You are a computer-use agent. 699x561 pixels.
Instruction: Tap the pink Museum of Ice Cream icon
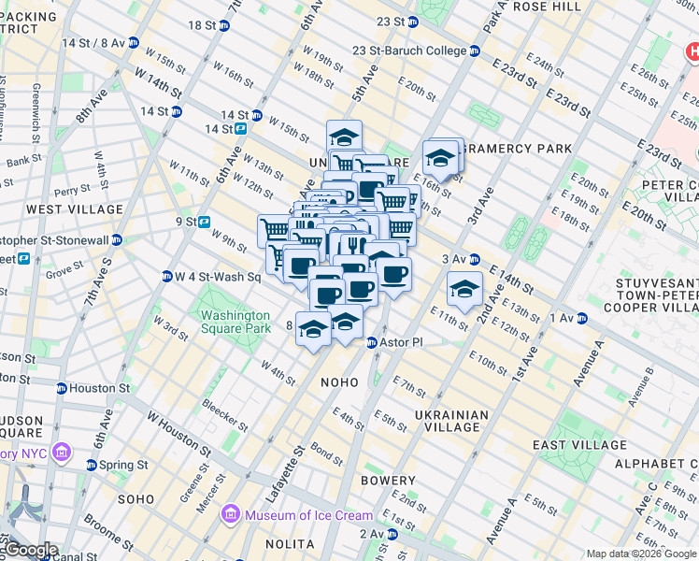[229, 515]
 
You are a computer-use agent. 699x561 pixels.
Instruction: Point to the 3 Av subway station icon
[474, 259]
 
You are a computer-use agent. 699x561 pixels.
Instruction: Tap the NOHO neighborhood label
[340, 382]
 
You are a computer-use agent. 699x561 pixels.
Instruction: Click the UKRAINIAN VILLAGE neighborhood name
[451, 421]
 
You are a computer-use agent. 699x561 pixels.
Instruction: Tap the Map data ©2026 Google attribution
[641, 554]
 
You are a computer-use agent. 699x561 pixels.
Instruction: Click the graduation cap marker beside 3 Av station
[464, 290]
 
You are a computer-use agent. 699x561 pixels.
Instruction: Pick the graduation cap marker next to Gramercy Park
[440, 159]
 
